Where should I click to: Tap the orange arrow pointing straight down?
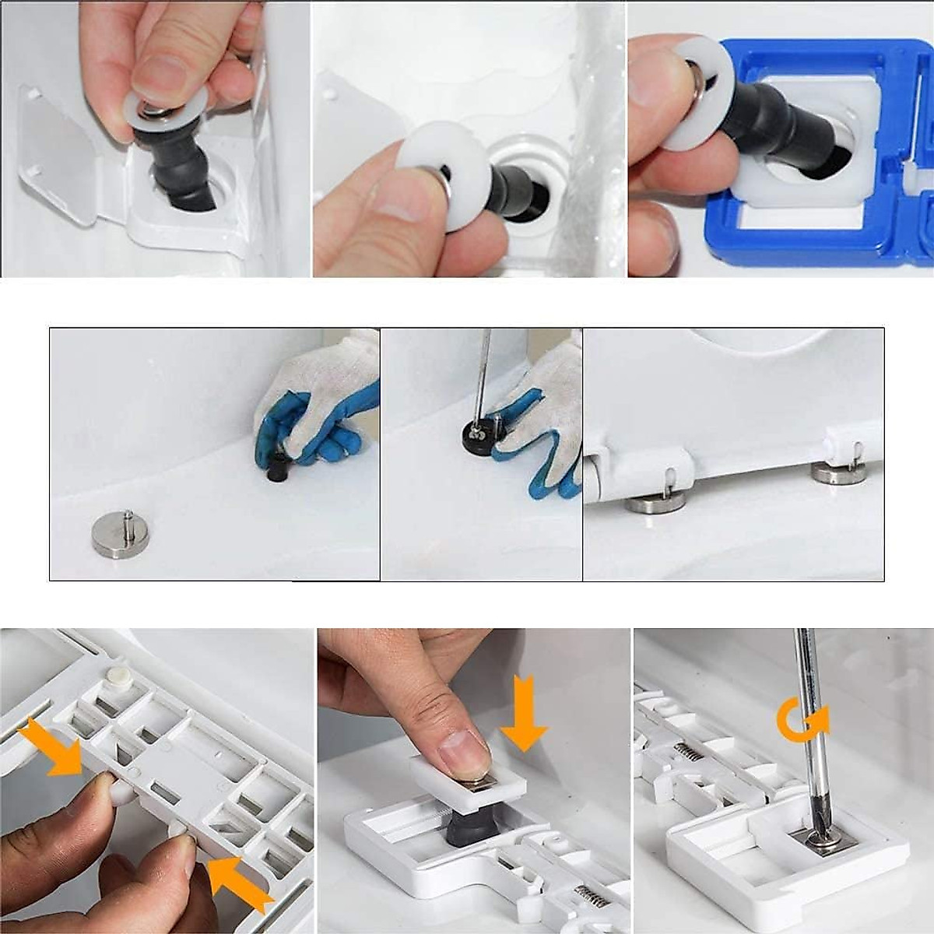coord(523,713)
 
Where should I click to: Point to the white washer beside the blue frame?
coord(697,93)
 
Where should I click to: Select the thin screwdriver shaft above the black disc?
coord(485,370)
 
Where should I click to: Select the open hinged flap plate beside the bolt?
coord(58,156)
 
